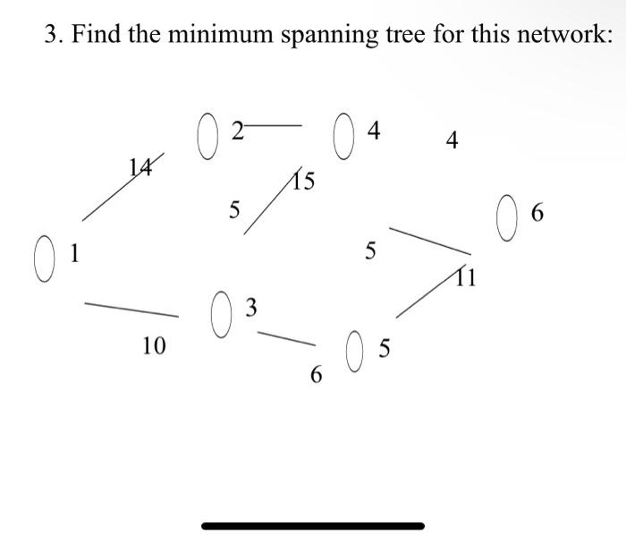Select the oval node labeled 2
point(207,137)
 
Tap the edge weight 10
point(154,345)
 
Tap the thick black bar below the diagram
point(313,526)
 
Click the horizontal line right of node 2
point(275,127)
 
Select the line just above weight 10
point(131,310)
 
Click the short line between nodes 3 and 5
point(286,339)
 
